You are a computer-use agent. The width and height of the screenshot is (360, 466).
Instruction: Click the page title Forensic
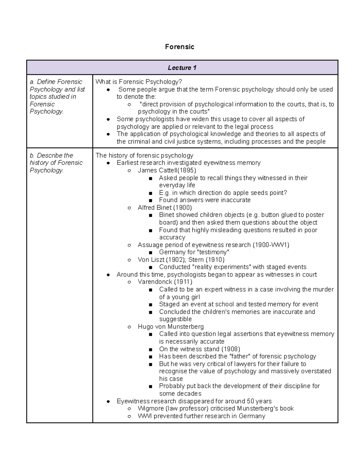click(x=179, y=47)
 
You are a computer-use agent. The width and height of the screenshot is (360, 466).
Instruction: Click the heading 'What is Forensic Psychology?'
click(x=139, y=82)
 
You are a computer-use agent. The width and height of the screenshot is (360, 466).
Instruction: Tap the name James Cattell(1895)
click(x=167, y=170)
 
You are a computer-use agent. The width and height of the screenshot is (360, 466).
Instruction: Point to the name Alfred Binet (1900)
click(x=165, y=208)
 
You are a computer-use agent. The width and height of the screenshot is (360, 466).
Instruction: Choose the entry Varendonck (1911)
click(x=165, y=282)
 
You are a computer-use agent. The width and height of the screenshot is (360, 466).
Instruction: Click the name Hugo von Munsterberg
click(x=170, y=326)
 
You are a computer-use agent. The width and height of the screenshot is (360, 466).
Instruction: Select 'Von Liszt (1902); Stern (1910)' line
click(x=181, y=260)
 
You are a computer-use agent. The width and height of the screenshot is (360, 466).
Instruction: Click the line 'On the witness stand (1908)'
click(x=199, y=349)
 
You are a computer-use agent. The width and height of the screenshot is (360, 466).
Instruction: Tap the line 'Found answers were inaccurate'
click(x=205, y=200)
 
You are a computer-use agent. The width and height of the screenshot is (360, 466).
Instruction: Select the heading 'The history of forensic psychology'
click(x=144, y=155)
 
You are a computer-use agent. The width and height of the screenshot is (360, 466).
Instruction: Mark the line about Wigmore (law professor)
click(x=215, y=408)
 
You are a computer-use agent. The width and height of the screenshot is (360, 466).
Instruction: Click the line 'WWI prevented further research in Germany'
click(x=201, y=416)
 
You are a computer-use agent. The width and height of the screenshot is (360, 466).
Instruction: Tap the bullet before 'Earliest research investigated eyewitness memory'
click(x=108, y=163)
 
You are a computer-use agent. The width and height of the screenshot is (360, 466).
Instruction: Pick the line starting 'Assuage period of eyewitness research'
click(x=213, y=245)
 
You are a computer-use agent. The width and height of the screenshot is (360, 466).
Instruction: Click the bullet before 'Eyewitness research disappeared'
click(x=108, y=401)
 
